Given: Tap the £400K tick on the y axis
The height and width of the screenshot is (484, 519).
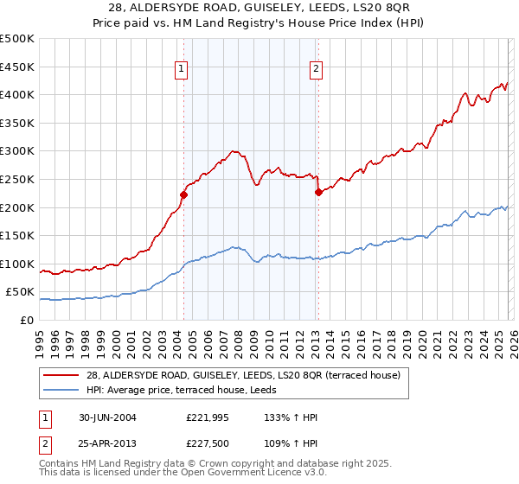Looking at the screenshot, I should [17, 94].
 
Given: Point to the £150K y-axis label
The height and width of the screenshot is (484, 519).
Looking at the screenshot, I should [17, 235].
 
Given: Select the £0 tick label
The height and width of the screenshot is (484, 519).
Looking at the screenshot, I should [27, 320].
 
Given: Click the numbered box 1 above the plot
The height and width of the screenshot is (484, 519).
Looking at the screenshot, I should [183, 70].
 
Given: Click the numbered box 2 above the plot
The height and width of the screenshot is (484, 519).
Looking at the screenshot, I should [317, 70].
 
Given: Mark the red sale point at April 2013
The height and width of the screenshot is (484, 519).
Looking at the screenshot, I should [317, 192].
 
